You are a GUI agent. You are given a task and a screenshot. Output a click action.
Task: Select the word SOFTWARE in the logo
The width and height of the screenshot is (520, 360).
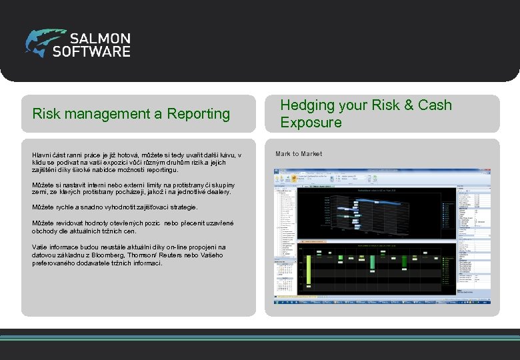tap(91, 51)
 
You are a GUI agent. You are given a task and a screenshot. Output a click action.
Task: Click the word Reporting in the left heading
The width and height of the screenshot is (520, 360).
tap(199, 114)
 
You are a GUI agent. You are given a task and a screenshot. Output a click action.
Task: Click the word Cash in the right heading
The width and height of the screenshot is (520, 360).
tap(435, 105)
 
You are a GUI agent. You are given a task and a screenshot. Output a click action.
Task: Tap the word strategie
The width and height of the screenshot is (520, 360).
tap(181, 207)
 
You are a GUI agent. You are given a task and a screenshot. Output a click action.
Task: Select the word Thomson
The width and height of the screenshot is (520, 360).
tap(151, 255)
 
